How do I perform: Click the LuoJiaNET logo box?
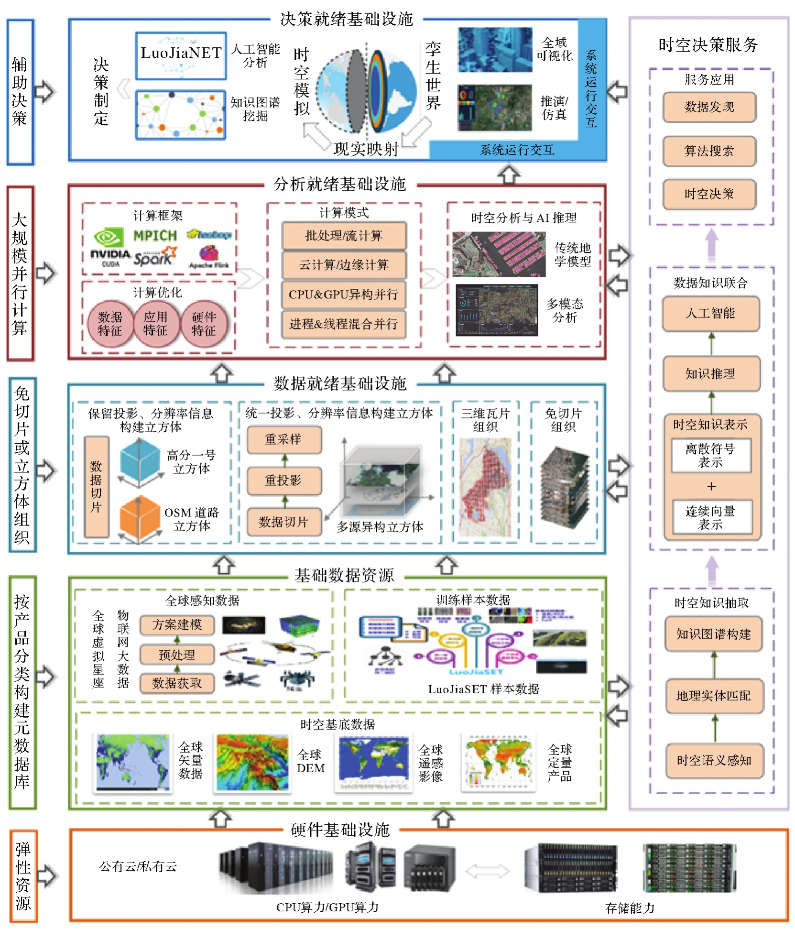click(181, 55)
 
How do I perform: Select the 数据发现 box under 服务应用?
click(709, 107)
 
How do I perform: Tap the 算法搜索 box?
click(709, 151)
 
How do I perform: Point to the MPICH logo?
click(155, 235)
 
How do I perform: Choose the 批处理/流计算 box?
click(344, 236)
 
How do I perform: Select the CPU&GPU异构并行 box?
click(344, 295)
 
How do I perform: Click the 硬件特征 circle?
click(204, 324)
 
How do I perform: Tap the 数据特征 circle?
click(110, 324)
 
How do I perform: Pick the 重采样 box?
click(283, 439)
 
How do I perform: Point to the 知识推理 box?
click(710, 373)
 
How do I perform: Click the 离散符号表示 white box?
click(710, 455)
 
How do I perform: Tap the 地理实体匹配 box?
click(713, 696)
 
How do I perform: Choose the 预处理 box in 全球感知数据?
click(177, 655)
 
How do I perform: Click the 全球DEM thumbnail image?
click(252, 763)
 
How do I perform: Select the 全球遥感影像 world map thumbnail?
click(374, 763)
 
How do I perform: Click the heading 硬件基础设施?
click(340, 830)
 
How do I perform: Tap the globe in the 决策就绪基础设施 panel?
click(367, 90)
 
